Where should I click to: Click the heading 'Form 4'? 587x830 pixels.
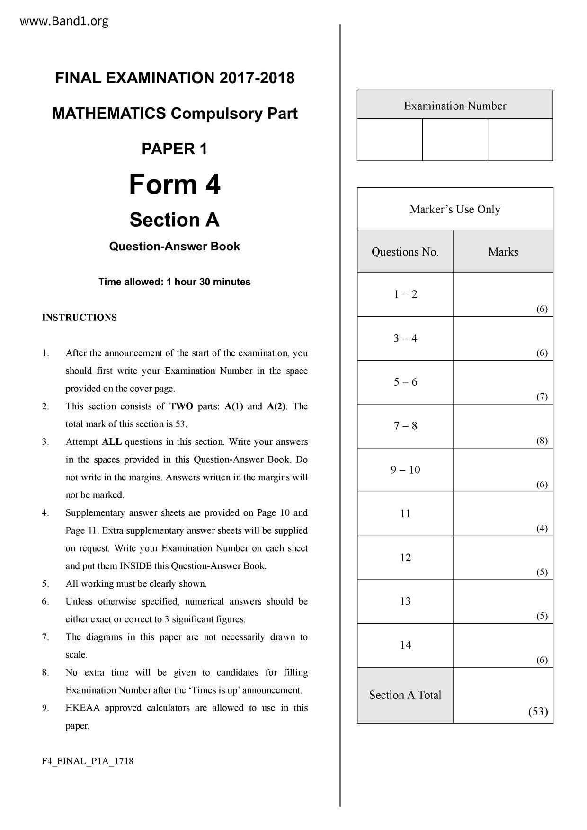point(174,184)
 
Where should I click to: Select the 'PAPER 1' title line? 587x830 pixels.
point(174,149)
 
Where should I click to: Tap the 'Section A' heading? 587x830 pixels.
point(174,220)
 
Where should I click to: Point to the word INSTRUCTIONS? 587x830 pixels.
point(79,318)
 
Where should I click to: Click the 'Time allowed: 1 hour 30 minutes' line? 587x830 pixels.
point(174,282)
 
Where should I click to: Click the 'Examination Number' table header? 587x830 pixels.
point(454,106)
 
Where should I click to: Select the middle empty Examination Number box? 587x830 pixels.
point(454,140)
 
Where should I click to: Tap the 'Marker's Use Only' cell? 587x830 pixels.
point(454,209)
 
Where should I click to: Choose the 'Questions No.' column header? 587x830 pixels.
point(405,252)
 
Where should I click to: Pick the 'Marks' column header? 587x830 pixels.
point(503,252)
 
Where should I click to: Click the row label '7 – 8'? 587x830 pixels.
point(405,426)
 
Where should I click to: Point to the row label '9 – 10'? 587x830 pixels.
point(405,470)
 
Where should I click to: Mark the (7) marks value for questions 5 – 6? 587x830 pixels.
point(542,397)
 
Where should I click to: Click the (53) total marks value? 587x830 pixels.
point(538,712)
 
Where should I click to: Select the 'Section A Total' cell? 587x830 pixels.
point(405,695)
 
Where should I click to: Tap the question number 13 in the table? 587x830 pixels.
point(405,601)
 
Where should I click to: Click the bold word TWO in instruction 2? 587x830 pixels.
point(181,406)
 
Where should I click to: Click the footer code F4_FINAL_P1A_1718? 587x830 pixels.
point(88,761)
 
